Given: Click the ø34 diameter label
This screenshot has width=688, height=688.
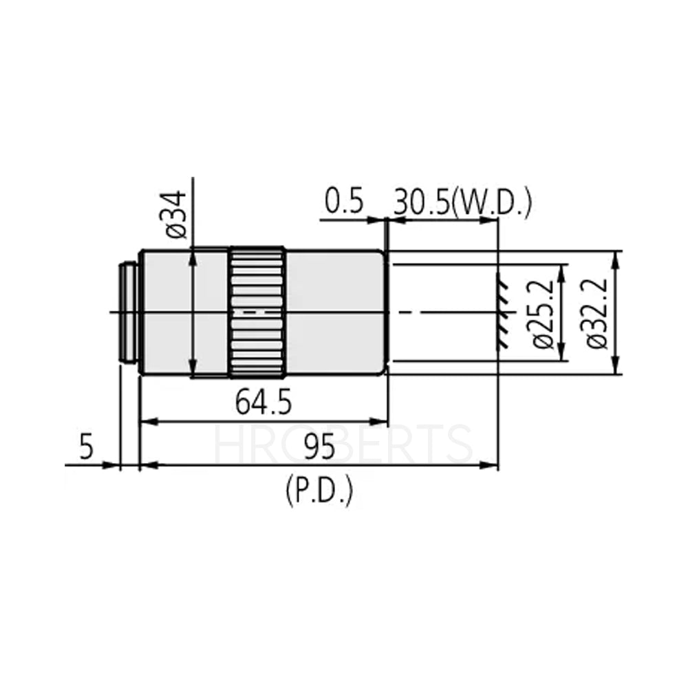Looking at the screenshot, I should pos(176,215).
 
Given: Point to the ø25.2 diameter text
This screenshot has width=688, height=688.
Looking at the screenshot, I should pos(544,313).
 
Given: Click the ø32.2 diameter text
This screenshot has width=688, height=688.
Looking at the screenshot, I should pos(596,313).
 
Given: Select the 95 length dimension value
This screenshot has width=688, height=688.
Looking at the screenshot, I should pos(319,449).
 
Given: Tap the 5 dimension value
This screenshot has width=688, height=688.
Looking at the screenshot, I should pos(86,449).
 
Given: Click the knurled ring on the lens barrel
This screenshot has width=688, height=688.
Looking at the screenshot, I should pos(257,313).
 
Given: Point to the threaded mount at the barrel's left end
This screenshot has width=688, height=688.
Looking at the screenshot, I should pos(129,313).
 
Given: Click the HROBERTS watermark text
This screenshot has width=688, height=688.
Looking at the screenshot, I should pos(344,444).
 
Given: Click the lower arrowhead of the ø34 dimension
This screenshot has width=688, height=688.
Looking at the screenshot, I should pos(194,372).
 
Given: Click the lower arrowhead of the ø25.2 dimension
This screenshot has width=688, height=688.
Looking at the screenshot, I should pos(563,356).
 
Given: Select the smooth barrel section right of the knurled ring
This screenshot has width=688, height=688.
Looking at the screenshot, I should pos(335,313).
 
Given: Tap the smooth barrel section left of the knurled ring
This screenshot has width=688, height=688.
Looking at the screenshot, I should pos(184,313).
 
